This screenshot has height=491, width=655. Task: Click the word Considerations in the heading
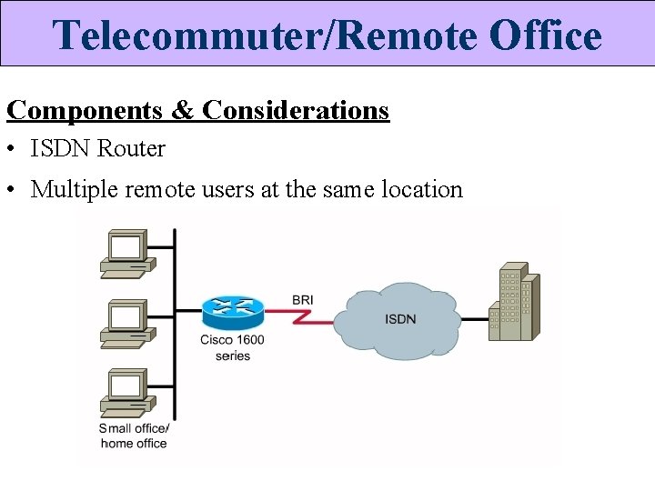(296, 111)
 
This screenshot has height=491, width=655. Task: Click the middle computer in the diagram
(126, 324)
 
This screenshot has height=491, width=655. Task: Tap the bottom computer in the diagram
(126, 391)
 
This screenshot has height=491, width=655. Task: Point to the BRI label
(304, 299)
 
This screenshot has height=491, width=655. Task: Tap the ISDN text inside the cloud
(401, 319)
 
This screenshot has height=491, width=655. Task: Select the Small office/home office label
(134, 436)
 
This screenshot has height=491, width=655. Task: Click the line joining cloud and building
(474, 318)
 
